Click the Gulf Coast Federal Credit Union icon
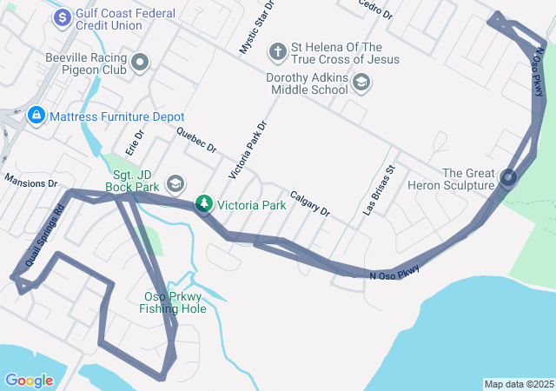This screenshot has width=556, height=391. click(63, 17)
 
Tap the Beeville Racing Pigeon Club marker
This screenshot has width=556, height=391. click(139, 62)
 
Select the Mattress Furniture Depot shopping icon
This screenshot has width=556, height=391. click(36, 115)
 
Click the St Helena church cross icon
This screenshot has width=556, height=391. click(278, 51)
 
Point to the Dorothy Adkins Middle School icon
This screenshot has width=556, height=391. click(361, 83)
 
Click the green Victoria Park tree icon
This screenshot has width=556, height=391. click(203, 204)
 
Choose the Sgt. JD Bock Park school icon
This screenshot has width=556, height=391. click(175, 182)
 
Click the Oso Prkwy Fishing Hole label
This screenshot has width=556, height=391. click(174, 302)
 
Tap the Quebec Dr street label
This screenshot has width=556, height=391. click(195, 140)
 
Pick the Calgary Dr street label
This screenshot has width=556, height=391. click(310, 203)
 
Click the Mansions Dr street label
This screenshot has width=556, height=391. click(30, 182)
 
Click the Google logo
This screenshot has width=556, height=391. click(29, 380)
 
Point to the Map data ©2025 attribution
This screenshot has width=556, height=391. click(518, 384)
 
